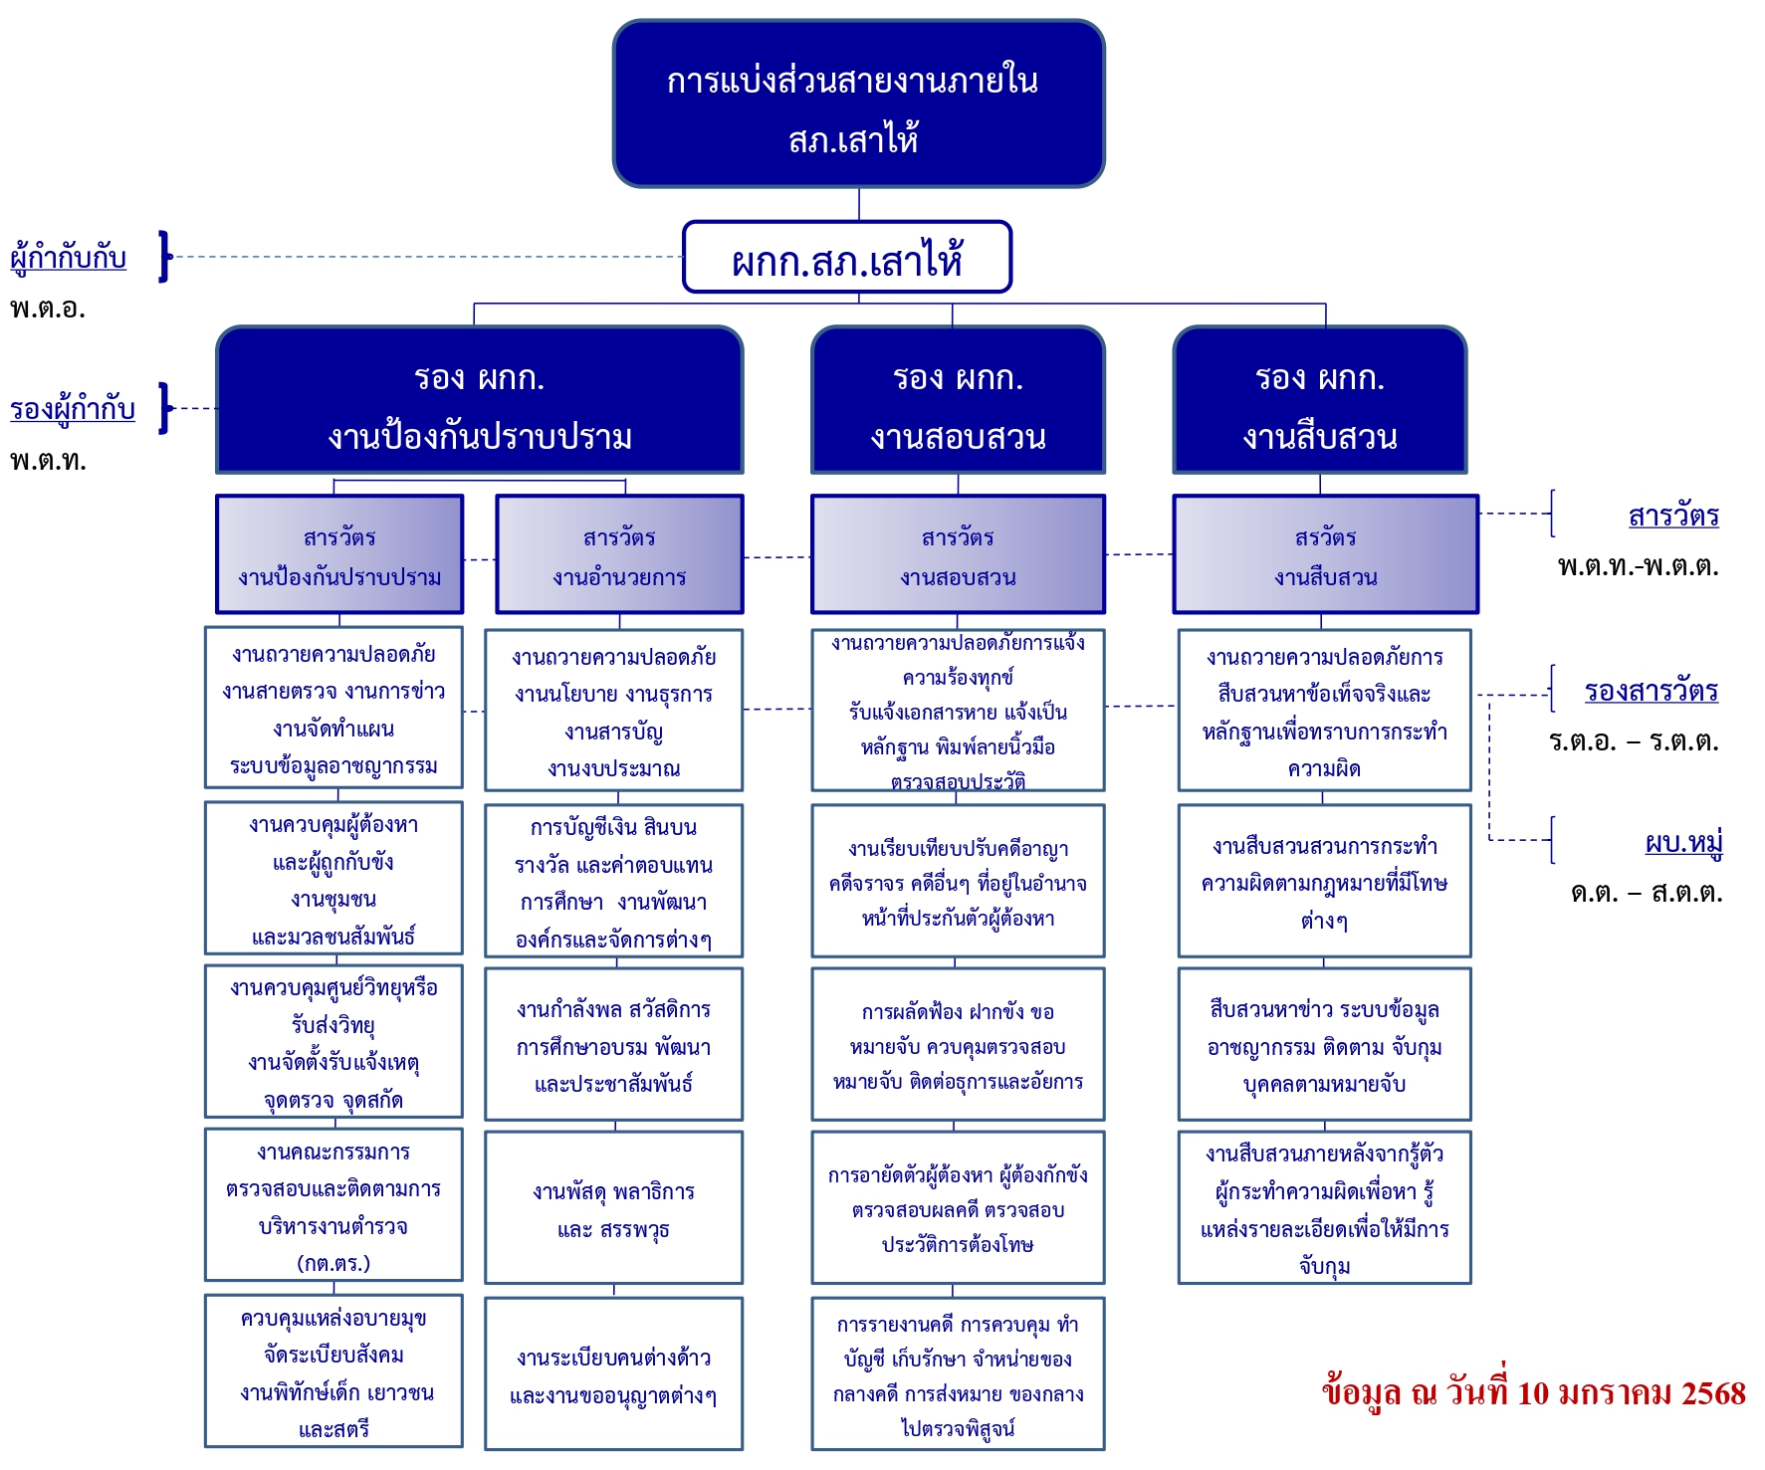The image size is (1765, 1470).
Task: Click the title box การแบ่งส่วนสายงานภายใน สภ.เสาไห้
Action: coord(858,104)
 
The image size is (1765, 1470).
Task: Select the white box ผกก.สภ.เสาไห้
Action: coord(847,258)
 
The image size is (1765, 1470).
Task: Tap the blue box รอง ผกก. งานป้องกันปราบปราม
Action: coord(479,401)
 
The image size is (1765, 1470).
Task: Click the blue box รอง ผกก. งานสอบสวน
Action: coord(958,401)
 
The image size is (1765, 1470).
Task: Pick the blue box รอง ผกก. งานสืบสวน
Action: coord(1319,401)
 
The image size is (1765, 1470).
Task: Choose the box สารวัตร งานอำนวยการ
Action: coord(619,555)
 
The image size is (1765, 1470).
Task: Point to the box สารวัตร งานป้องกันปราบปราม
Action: coord(339,555)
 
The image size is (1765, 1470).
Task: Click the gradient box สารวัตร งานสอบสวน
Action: coord(958,555)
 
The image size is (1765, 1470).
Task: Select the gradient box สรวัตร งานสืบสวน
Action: coord(1325,555)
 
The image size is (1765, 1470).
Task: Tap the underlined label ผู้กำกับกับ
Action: coord(68,257)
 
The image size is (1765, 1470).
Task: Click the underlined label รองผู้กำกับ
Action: coord(72,408)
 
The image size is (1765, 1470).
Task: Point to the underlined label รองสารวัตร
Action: coord(1651,691)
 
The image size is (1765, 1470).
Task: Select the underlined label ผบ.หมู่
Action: coord(1683,842)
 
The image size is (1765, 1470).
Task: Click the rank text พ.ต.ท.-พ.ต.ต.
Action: coord(1638,566)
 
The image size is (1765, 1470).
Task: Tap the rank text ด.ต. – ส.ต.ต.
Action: coord(1646,892)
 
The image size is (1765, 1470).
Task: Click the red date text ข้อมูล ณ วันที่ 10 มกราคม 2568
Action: coord(1533,1392)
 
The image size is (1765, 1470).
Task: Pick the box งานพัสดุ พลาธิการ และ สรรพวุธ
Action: coord(613,1208)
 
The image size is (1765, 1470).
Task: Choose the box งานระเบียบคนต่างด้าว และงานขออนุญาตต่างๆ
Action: coord(613,1374)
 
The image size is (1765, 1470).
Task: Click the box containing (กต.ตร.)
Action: coord(333,1205)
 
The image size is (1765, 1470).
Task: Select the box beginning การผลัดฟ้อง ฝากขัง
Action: coord(958,1045)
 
